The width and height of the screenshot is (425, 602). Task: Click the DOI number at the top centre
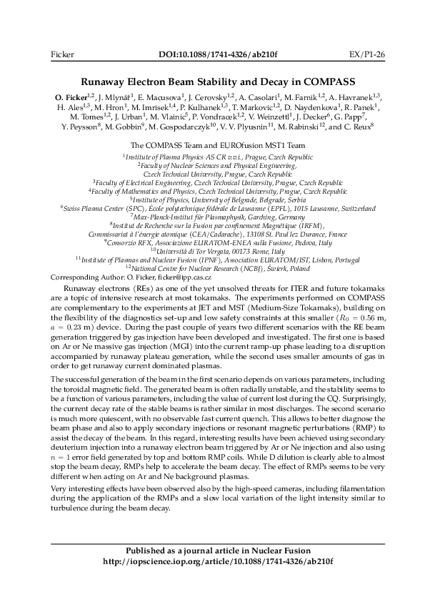212,54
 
